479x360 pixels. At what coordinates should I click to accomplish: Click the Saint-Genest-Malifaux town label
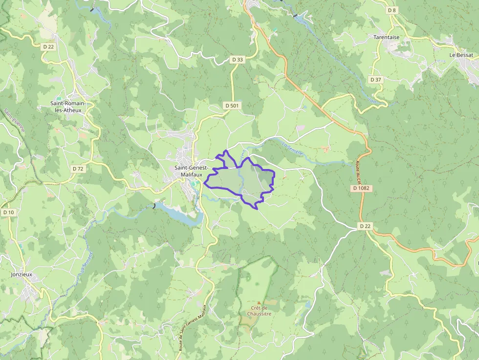[x=192, y=171]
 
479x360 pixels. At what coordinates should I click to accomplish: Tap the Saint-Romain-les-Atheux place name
[x=68, y=106]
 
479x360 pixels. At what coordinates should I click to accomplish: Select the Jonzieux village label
[x=22, y=275]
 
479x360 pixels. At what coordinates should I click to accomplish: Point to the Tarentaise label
[x=386, y=37]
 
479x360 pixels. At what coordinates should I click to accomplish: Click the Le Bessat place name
[x=461, y=55]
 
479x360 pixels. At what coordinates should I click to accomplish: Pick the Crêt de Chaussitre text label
[x=259, y=311]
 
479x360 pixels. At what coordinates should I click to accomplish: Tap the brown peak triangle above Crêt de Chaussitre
[x=259, y=303]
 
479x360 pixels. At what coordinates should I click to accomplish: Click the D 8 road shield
[x=392, y=10]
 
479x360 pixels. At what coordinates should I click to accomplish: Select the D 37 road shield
[x=375, y=79]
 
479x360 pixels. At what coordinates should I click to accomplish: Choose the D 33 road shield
[x=237, y=60]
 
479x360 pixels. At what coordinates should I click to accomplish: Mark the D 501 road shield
[x=232, y=106]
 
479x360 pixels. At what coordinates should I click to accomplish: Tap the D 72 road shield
[x=78, y=169]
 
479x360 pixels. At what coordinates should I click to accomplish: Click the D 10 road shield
[x=8, y=212]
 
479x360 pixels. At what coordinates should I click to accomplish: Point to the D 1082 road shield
[x=361, y=188]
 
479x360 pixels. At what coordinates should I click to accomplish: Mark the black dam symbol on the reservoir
[x=154, y=206]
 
